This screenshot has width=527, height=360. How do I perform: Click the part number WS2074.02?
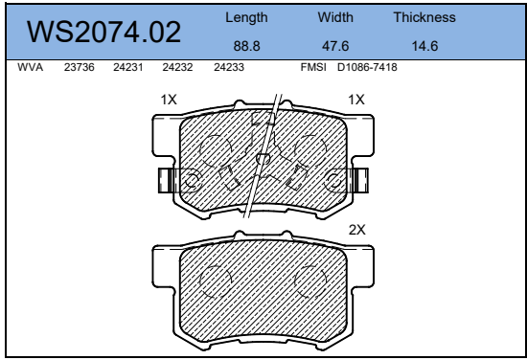103,32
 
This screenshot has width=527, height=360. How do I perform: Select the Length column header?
246,18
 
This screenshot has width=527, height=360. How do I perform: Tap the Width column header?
335,17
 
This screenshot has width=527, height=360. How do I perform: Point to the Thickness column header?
424,17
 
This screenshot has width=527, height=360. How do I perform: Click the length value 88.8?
246,46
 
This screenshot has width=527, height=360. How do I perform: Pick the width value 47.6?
335,46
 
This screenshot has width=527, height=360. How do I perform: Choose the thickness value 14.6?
424,46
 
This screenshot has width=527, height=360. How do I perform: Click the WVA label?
31,67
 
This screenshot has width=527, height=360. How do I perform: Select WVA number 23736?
80,67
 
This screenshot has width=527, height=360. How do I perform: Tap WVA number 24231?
128,67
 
